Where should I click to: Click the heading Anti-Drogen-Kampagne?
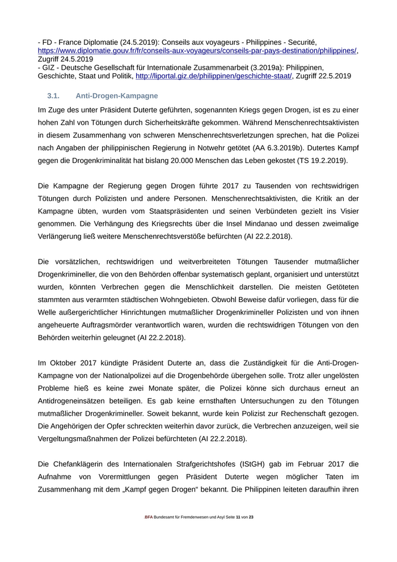click(x=117, y=96)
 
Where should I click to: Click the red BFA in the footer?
click(x=149, y=517)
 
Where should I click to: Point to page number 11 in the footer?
click(x=238, y=517)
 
